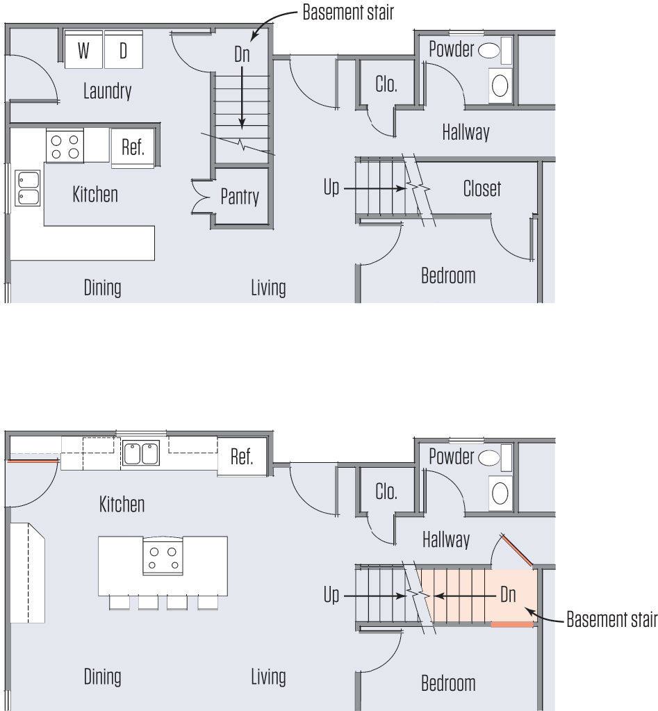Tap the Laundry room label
coord(107,91)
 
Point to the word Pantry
coord(240,197)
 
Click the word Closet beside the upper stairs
coord(482,188)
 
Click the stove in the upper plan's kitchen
coord(65,147)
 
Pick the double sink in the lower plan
coord(141,454)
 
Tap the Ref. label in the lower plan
coord(242,457)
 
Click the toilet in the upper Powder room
coord(489,50)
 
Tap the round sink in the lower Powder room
coord(500,493)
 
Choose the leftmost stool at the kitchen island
coord(119,602)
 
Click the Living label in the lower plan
coord(268,676)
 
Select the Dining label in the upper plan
coord(102,287)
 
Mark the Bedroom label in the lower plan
coord(448,683)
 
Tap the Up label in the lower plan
coord(331,596)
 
